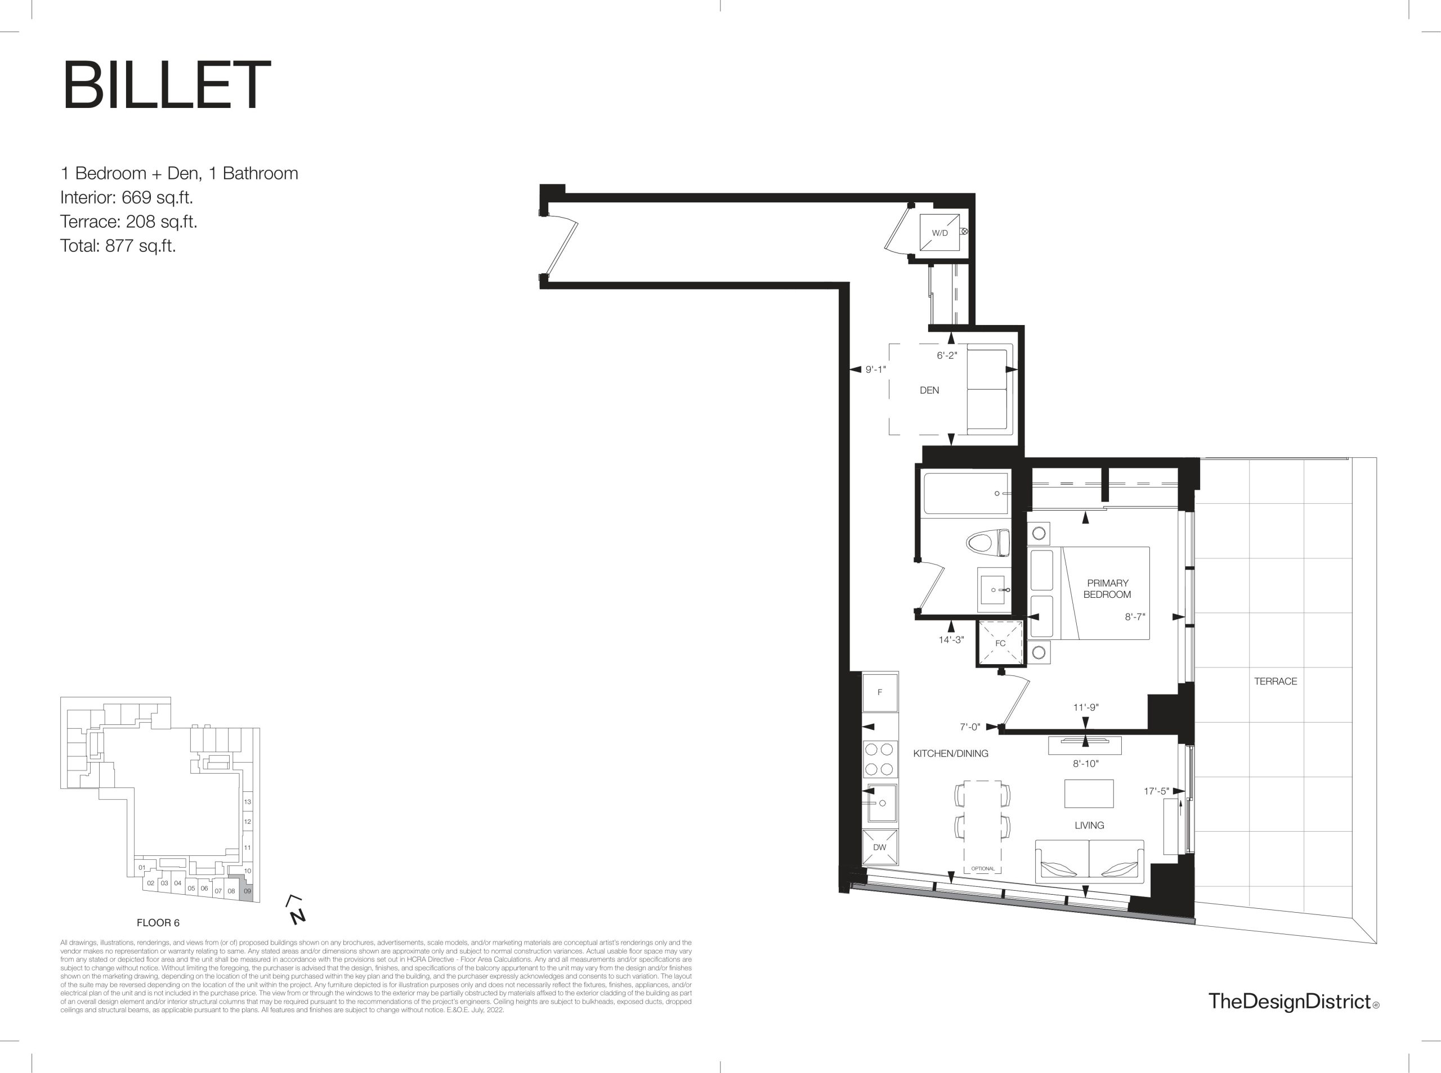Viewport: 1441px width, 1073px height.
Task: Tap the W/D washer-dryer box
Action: pyautogui.click(x=939, y=232)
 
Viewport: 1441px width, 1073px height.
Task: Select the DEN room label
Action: pyautogui.click(x=929, y=390)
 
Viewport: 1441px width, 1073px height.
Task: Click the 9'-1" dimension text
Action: pyautogui.click(x=875, y=369)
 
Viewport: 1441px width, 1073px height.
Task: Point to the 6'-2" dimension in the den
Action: pyautogui.click(x=946, y=355)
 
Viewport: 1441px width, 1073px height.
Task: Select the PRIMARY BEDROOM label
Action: pyautogui.click(x=1107, y=588)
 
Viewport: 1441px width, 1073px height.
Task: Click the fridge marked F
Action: pyautogui.click(x=880, y=692)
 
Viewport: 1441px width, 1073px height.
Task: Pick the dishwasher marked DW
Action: pyautogui.click(x=879, y=847)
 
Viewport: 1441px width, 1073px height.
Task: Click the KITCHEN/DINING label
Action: pyautogui.click(x=950, y=754)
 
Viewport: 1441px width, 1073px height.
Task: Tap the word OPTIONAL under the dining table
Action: pyautogui.click(x=983, y=868)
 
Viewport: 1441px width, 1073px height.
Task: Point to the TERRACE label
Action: pyautogui.click(x=1276, y=682)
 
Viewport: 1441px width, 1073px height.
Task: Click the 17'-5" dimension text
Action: pyautogui.click(x=1156, y=791)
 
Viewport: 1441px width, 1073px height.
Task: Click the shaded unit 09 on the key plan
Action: pyautogui.click(x=247, y=888)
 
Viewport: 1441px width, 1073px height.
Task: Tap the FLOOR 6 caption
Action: pyautogui.click(x=158, y=923)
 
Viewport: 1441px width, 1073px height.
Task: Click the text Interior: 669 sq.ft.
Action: pyautogui.click(x=127, y=197)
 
